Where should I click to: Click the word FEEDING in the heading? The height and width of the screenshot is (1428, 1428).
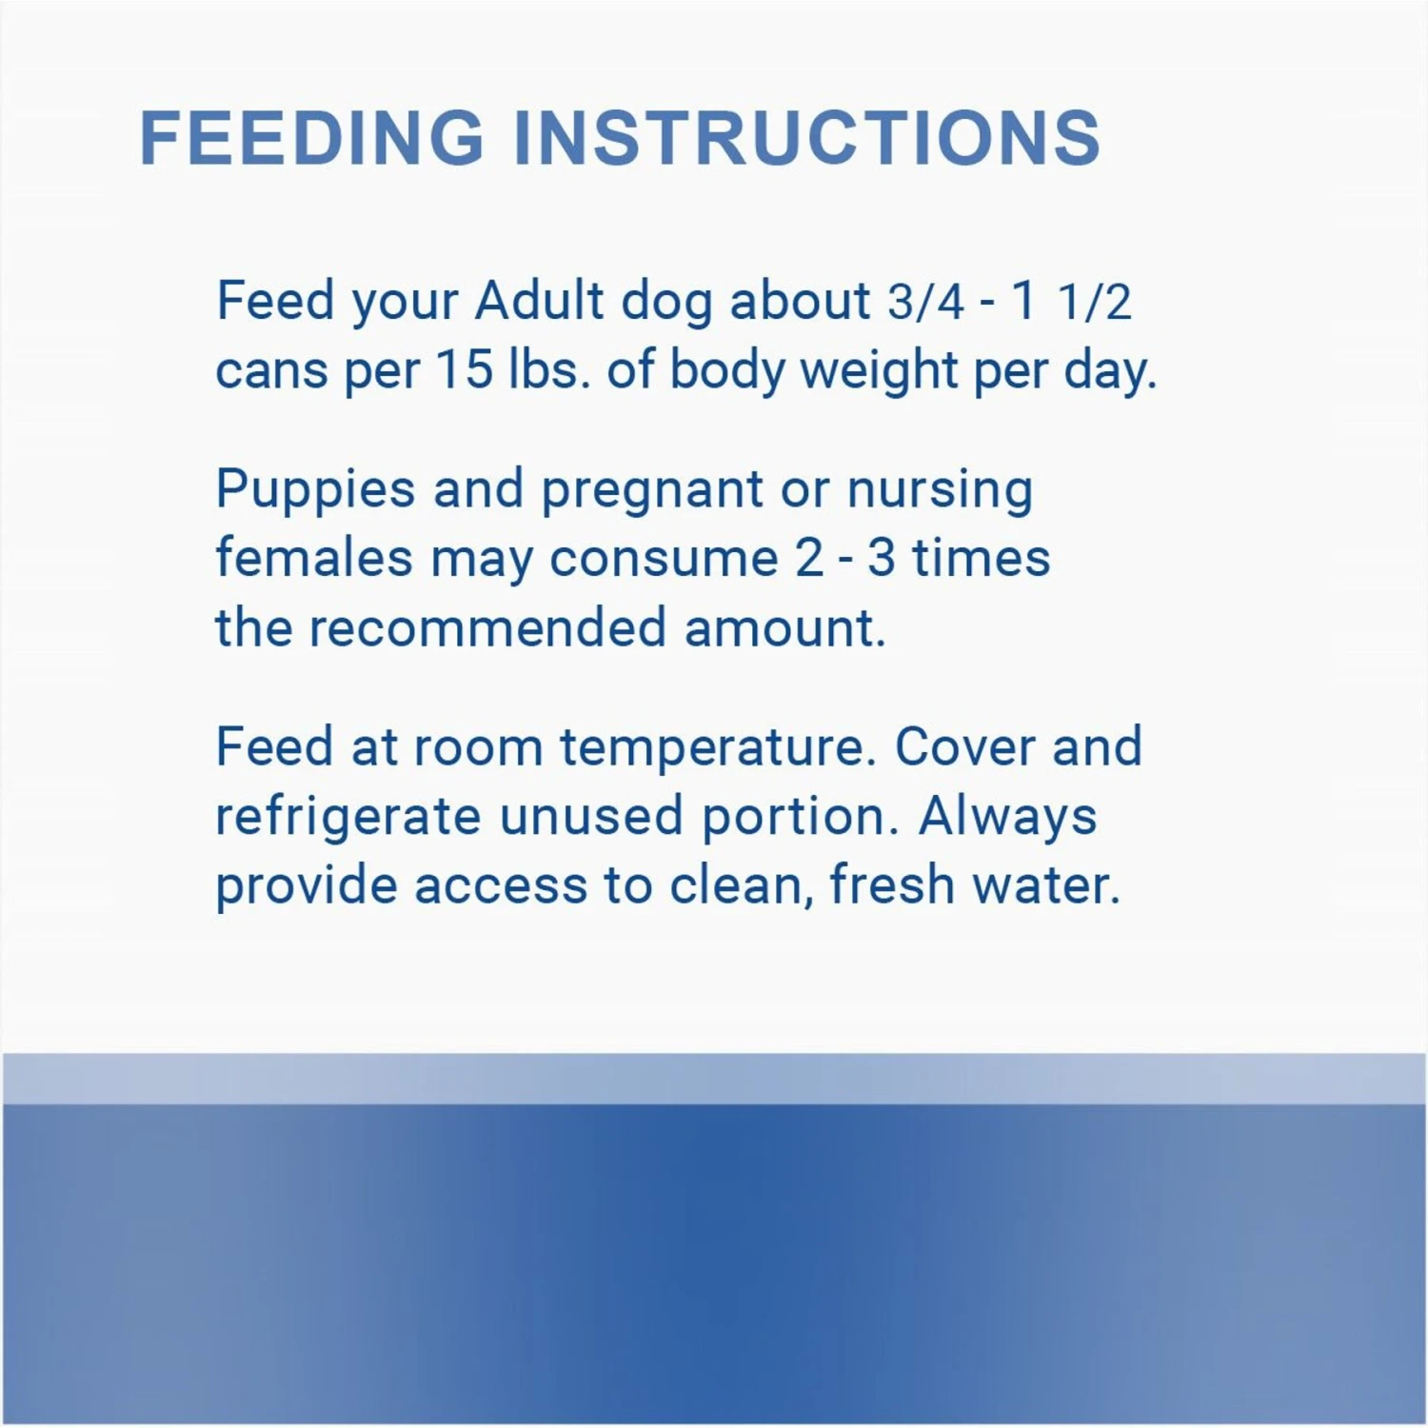pos(312,137)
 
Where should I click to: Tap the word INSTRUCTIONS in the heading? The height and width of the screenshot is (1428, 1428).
pos(807,137)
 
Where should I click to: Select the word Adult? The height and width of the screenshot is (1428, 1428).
pos(540,301)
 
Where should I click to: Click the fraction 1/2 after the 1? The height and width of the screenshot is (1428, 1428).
pos(1095,303)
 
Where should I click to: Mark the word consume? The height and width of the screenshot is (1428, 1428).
pos(664,560)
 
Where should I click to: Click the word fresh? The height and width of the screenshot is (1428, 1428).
pos(892,884)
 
